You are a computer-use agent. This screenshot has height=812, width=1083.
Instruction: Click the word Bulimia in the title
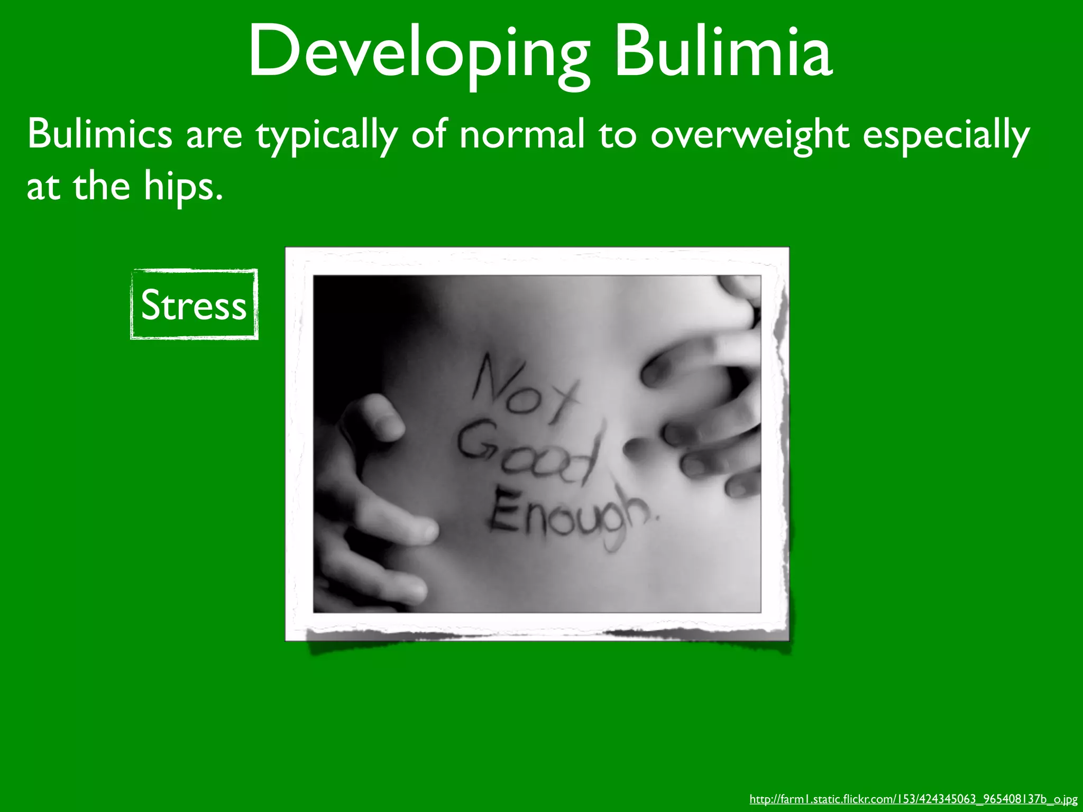(x=723, y=53)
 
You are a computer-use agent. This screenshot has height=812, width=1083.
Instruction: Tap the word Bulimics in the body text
(x=99, y=134)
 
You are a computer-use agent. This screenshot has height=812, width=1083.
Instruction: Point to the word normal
(x=521, y=134)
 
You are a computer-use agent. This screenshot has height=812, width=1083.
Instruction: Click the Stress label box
(x=194, y=304)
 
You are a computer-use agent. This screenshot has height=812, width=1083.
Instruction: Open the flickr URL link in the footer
(x=913, y=799)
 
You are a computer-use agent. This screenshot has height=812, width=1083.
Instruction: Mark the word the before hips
(x=101, y=186)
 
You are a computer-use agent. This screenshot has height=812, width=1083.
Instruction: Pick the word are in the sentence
(x=214, y=134)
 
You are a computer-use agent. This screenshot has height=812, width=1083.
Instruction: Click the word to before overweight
(x=617, y=134)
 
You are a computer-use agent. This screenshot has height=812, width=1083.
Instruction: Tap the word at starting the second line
(x=42, y=187)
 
